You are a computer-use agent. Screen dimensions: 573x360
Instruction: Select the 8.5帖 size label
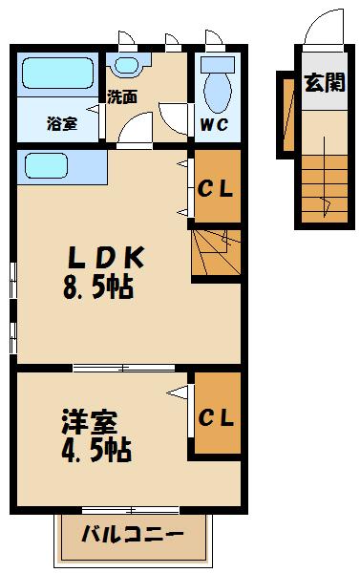98,286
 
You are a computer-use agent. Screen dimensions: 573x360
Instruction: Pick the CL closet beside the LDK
215,188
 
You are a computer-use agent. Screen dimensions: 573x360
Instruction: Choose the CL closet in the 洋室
216,416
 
